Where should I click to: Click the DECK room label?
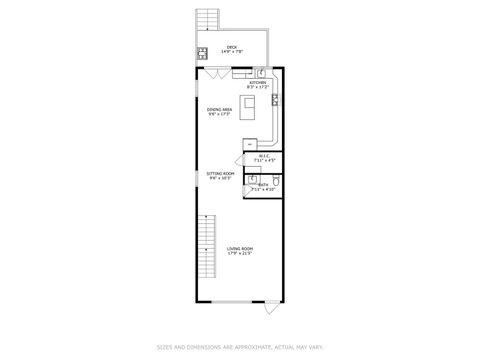click(232, 46)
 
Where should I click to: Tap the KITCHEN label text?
click(257, 83)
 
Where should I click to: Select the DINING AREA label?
click(219, 109)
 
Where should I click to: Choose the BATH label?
click(263, 185)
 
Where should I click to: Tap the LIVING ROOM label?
click(239, 248)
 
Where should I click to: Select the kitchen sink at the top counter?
click(259, 72)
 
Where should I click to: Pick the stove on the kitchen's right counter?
click(274, 98)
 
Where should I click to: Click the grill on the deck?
click(201, 53)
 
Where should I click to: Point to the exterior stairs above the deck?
click(208, 20)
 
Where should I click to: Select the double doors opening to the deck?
click(212, 72)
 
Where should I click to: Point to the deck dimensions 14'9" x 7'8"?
click(232, 51)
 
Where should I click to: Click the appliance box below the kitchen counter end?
click(249, 146)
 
